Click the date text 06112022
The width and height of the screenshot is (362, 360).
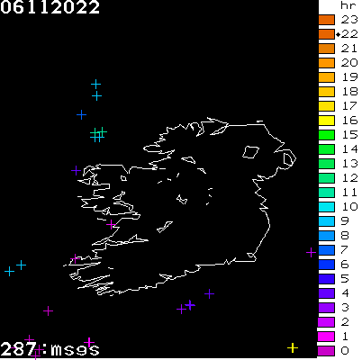[x=50, y=8]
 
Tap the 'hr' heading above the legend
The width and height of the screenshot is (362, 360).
[x=348, y=5]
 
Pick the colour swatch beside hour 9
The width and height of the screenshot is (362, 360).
[x=326, y=220]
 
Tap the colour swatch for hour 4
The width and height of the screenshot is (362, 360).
[x=326, y=292]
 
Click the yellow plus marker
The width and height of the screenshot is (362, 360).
[x=293, y=347]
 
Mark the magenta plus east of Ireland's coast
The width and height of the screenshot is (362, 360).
[x=311, y=252]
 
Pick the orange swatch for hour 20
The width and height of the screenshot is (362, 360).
[x=326, y=62]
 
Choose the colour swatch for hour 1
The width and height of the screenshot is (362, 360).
[x=326, y=336]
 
